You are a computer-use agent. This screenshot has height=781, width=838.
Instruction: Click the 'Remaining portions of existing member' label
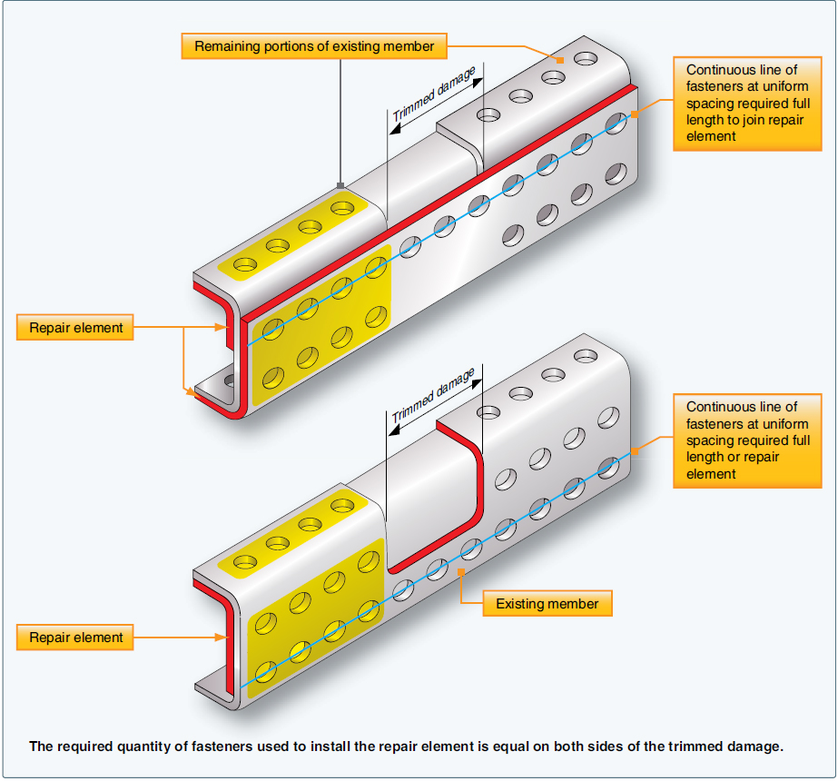[314, 45]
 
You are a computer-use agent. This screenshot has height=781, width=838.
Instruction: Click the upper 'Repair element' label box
[75, 328]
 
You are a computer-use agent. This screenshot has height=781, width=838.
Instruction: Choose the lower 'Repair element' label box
[75, 638]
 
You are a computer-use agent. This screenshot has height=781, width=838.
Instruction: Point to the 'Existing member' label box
[547, 603]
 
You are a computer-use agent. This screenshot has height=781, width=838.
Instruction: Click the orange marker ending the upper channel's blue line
[635, 114]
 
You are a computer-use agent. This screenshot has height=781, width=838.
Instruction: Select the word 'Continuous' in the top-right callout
[717, 70]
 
